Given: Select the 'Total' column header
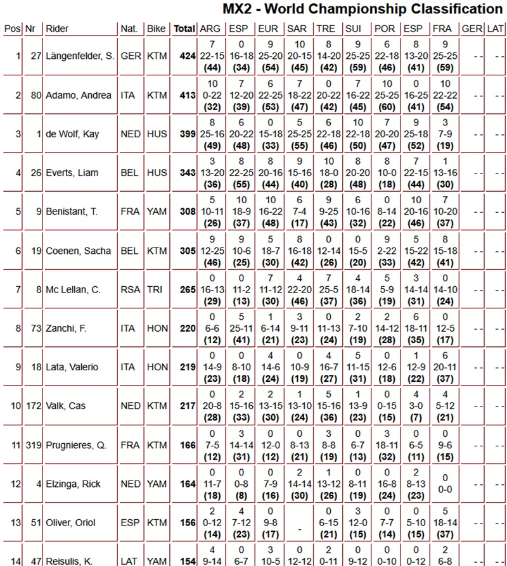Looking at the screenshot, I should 184,29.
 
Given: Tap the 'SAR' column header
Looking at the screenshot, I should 297,29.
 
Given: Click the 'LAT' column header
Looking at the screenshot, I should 496,29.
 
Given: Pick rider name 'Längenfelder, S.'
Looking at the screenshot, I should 80,56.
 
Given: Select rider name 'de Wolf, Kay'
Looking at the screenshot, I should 73,134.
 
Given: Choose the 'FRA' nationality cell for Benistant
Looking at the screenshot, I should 129,211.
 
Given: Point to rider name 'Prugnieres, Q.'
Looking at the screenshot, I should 76,446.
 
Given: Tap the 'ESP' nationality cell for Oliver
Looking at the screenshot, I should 129,524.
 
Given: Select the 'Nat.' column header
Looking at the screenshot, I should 129,29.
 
